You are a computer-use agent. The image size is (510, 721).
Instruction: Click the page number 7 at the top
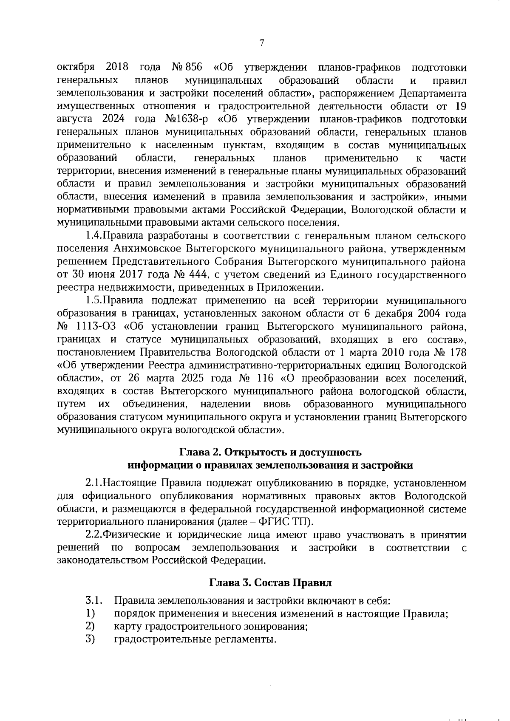pos(261,42)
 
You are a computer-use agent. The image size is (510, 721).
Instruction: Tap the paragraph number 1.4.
pos(93,236)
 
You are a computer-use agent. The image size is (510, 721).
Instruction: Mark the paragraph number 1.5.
pos(93,301)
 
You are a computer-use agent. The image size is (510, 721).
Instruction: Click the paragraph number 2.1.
pos(93,483)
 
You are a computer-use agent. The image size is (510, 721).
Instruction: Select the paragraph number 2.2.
pos(93,535)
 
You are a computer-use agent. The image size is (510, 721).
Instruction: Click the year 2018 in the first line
pos(114,68)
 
